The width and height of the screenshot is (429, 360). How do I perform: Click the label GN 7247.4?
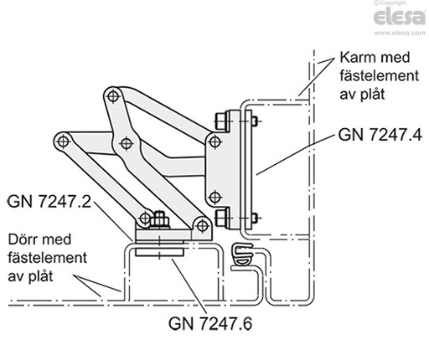point(380,135)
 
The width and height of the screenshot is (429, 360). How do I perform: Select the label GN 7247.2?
point(49,201)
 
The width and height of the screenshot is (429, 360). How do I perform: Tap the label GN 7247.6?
point(210,323)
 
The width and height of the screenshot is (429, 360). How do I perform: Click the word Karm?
point(357,58)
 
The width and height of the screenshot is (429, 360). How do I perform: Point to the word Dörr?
point(23,239)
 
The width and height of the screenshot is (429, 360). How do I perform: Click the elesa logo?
point(400,17)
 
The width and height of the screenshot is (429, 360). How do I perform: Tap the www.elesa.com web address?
point(400,33)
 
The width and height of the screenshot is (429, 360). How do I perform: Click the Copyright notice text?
point(391,3)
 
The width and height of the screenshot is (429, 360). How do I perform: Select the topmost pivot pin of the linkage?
point(113,96)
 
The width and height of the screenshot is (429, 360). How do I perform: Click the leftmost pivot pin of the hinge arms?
point(63,141)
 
